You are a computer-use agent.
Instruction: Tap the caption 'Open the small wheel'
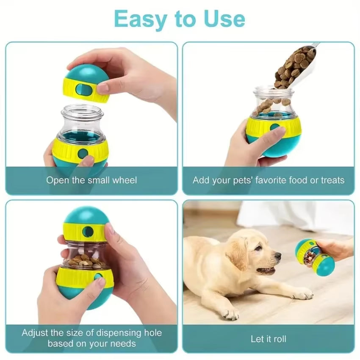[91, 180]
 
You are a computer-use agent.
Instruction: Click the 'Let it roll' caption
[269, 339]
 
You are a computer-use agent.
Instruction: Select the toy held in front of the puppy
[315, 256]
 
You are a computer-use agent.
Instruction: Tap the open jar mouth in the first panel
[82, 111]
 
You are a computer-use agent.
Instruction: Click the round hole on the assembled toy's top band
[88, 231]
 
